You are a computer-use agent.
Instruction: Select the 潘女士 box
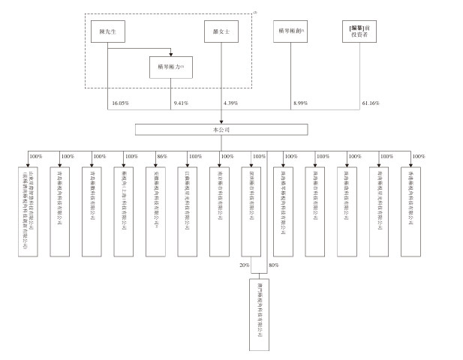221,32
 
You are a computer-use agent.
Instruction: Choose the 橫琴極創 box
293,32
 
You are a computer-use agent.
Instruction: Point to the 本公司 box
221,130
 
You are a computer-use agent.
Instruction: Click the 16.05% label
119,102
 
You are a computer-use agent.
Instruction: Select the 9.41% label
181,102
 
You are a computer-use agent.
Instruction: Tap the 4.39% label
230,102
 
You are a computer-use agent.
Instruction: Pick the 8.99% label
302,102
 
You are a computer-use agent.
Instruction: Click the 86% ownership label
161,156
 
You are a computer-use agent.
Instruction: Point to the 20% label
244,265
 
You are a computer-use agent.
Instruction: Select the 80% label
273,265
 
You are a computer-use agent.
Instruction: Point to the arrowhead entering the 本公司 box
221,122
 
